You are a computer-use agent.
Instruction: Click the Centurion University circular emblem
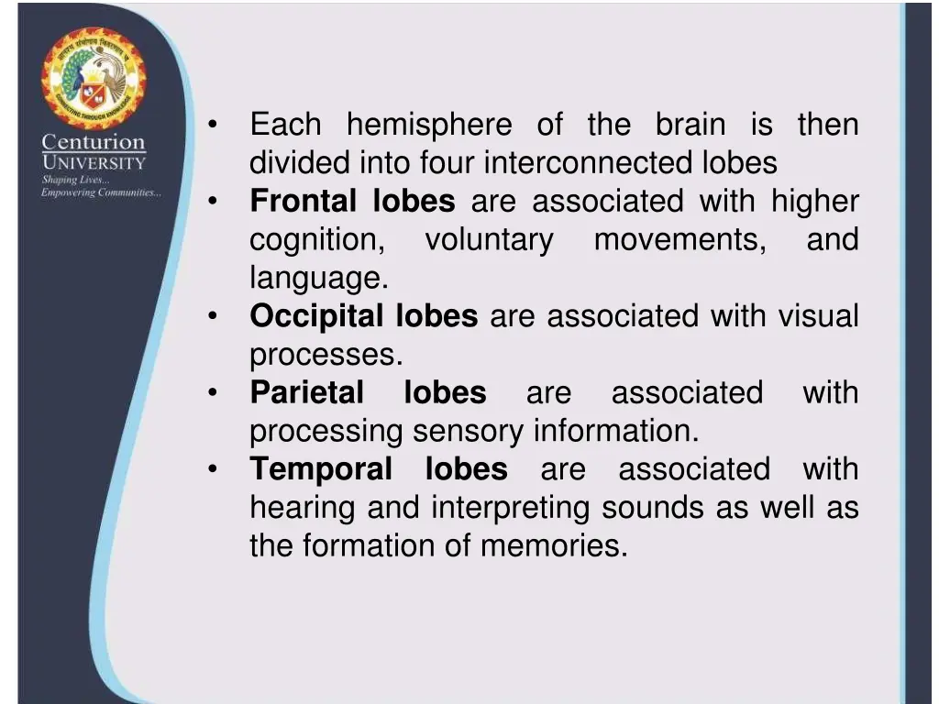click(93, 79)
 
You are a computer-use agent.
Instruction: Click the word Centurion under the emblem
click(93, 143)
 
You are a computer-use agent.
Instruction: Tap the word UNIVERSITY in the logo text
click(93, 163)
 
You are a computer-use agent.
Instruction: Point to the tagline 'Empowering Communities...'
click(101, 192)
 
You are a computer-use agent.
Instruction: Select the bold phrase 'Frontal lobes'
click(352, 202)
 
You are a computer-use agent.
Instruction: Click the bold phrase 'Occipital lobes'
click(363, 316)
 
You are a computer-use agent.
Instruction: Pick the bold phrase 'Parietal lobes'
click(368, 392)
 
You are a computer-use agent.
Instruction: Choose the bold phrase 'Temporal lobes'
click(378, 469)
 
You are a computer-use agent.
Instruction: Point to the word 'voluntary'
click(489, 240)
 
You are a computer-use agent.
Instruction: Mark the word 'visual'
click(818, 316)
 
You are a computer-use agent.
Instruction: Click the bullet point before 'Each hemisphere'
click(212, 126)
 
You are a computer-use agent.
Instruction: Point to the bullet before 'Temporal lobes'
click(212, 469)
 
